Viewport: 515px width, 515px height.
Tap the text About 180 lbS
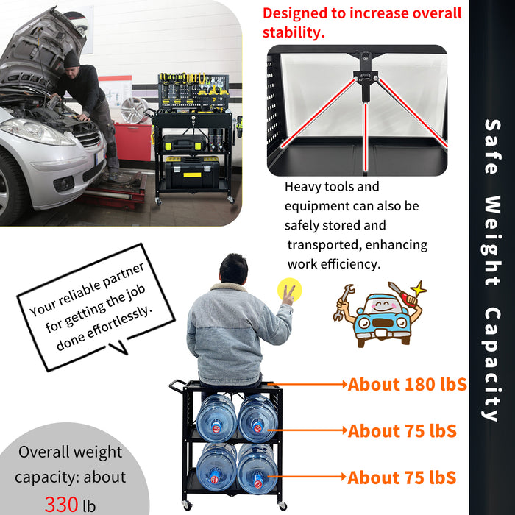407,384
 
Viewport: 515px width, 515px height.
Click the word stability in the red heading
294,32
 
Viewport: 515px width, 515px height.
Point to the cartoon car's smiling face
380,308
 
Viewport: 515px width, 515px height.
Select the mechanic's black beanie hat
71,58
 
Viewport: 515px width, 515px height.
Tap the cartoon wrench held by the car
343,298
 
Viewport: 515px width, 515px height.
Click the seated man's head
233,269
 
